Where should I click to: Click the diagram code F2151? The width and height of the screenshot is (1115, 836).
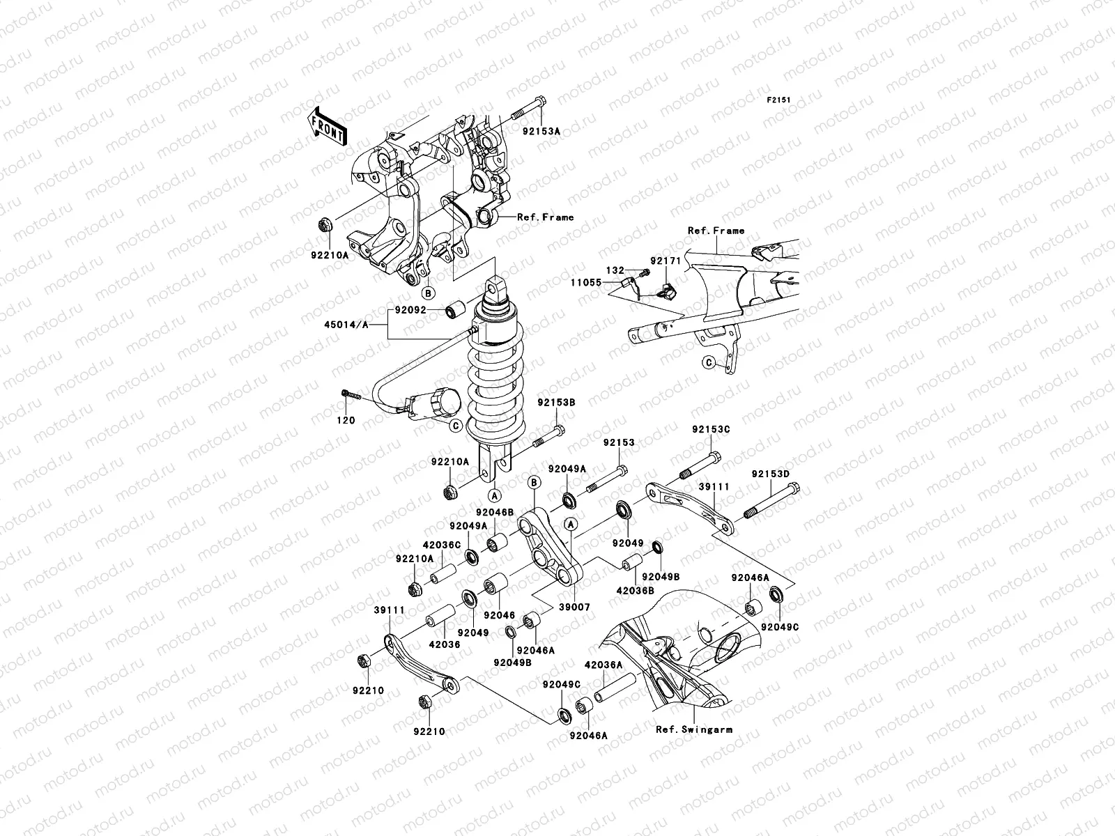[x=780, y=100]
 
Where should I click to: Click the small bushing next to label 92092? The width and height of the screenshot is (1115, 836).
[x=457, y=309]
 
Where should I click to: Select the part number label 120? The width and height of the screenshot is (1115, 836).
[x=346, y=420]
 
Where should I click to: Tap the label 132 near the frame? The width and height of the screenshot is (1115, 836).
[x=615, y=270]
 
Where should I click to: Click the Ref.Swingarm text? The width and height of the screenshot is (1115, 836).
[x=693, y=729]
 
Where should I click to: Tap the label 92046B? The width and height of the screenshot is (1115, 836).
[x=495, y=512]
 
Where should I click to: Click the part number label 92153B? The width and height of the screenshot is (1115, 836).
[x=555, y=402]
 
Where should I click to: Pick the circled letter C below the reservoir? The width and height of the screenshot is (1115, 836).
[x=455, y=425]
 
